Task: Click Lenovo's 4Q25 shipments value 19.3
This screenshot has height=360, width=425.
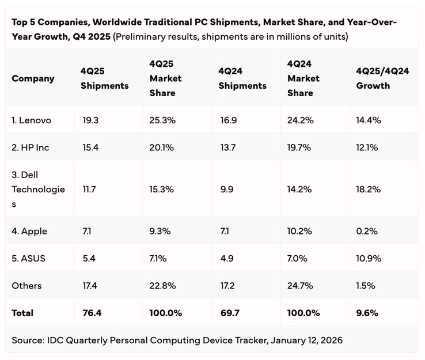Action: tap(90, 120)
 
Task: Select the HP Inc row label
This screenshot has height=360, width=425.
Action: tap(31, 147)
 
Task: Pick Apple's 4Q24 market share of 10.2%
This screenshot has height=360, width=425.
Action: tap(299, 231)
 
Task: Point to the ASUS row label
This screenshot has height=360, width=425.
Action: tap(29, 258)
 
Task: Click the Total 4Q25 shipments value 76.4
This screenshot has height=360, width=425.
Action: tap(92, 313)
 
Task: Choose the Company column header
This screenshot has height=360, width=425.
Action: tap(33, 78)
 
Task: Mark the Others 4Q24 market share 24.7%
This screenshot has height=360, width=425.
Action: tap(299, 285)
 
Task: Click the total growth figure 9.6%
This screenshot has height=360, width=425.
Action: tap(367, 313)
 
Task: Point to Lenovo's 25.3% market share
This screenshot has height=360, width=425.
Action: tap(162, 120)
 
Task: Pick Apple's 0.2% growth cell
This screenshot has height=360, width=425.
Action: tap(367, 231)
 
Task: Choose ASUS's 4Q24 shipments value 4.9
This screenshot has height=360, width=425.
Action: tap(226, 258)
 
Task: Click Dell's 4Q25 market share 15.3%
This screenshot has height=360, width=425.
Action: tap(161, 189)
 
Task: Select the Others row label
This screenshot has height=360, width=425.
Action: tap(26, 285)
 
